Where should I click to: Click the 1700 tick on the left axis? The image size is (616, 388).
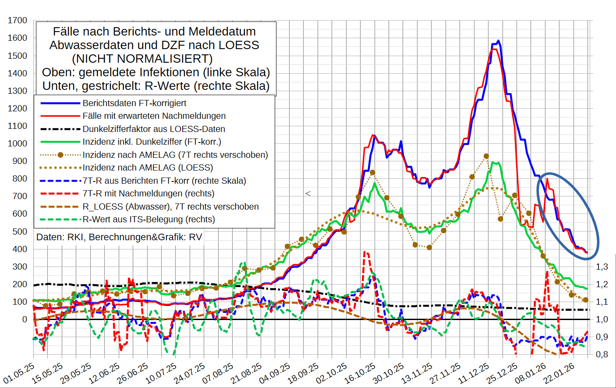point(18,21)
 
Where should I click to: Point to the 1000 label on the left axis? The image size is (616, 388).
point(18,143)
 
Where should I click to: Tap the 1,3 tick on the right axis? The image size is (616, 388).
point(602,267)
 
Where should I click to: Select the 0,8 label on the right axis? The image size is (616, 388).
point(602,354)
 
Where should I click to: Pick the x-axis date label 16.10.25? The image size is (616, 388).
point(360,373)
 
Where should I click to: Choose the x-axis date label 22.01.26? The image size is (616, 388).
point(559,373)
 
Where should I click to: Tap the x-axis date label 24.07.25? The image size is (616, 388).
point(190,373)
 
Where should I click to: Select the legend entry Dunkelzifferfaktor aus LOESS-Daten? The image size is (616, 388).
point(154,129)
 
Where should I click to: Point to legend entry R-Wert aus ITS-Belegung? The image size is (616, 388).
point(149,219)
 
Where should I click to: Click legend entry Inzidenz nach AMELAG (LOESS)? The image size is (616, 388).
point(148,167)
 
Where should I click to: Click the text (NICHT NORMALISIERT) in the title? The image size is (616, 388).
point(142,59)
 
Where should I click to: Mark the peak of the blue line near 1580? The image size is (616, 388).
point(499,41)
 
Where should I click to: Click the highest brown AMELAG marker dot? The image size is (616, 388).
point(486,156)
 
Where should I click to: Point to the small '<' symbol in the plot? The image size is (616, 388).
point(308,193)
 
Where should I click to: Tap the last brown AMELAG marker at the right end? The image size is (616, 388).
point(586,300)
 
